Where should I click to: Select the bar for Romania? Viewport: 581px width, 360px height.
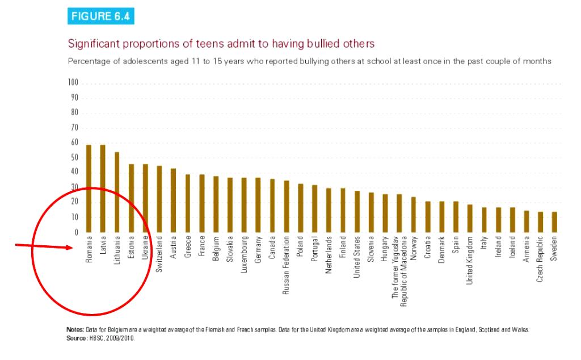tap(89, 189)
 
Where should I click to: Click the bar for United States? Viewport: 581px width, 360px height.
tap(357, 211)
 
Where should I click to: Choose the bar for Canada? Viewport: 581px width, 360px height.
tap(272, 206)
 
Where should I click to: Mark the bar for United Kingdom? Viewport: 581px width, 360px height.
tap(470, 218)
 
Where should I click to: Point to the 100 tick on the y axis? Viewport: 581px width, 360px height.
tap(73, 83)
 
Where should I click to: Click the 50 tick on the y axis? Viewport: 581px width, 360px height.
tap(74, 158)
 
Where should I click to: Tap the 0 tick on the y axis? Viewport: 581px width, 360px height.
tap(76, 232)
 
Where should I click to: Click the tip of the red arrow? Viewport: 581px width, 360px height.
tap(73, 248)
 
